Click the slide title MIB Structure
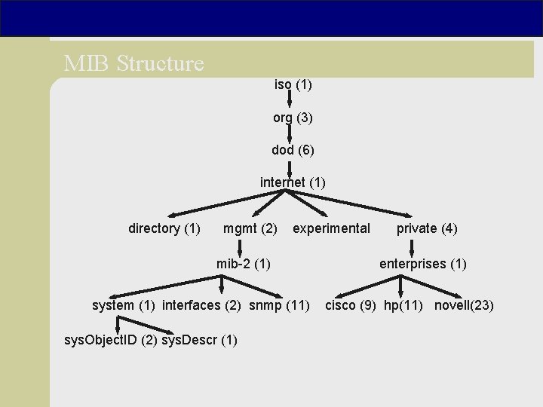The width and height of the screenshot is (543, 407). point(134,63)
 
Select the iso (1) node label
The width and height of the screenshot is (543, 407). point(293,85)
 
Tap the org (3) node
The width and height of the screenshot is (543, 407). point(293,118)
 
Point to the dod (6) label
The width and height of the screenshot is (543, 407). point(293,150)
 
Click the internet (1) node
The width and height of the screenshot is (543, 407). point(293,182)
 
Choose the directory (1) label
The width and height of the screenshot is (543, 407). point(164,228)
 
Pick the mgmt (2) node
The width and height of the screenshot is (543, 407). point(250,228)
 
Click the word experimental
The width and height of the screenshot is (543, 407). point(331,228)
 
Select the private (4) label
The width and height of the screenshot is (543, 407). point(427,228)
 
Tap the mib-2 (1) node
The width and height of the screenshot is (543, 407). point(244,264)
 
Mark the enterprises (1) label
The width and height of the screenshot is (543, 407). point(422,264)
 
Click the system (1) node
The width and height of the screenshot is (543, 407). point(124,305)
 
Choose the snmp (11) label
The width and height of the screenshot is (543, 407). point(279,305)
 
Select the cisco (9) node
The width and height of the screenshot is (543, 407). point(351,305)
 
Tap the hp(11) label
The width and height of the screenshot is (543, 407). point(403,305)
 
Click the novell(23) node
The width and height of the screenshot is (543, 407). point(464,305)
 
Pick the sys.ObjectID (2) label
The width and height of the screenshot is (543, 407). point(112,340)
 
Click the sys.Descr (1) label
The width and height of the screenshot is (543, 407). point(200,340)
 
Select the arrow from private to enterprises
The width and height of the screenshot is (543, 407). point(412,247)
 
